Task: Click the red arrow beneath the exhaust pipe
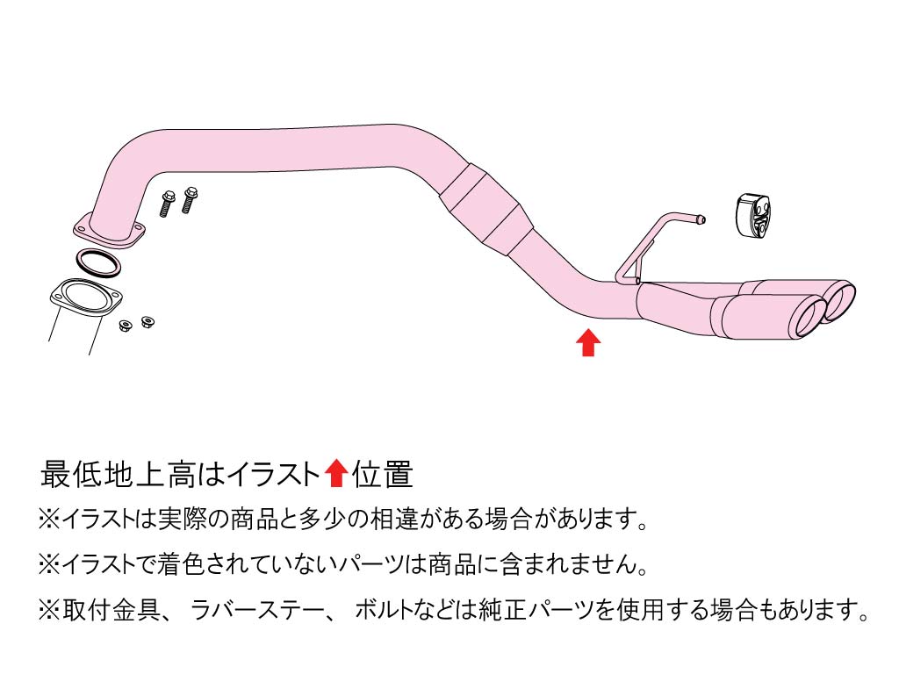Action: tap(588, 342)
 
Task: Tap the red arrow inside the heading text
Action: tap(335, 474)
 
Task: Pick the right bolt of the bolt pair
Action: tap(189, 201)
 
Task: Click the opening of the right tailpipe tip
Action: tap(842, 300)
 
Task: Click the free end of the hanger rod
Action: tap(701, 219)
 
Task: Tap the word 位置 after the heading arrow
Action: tap(382, 475)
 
